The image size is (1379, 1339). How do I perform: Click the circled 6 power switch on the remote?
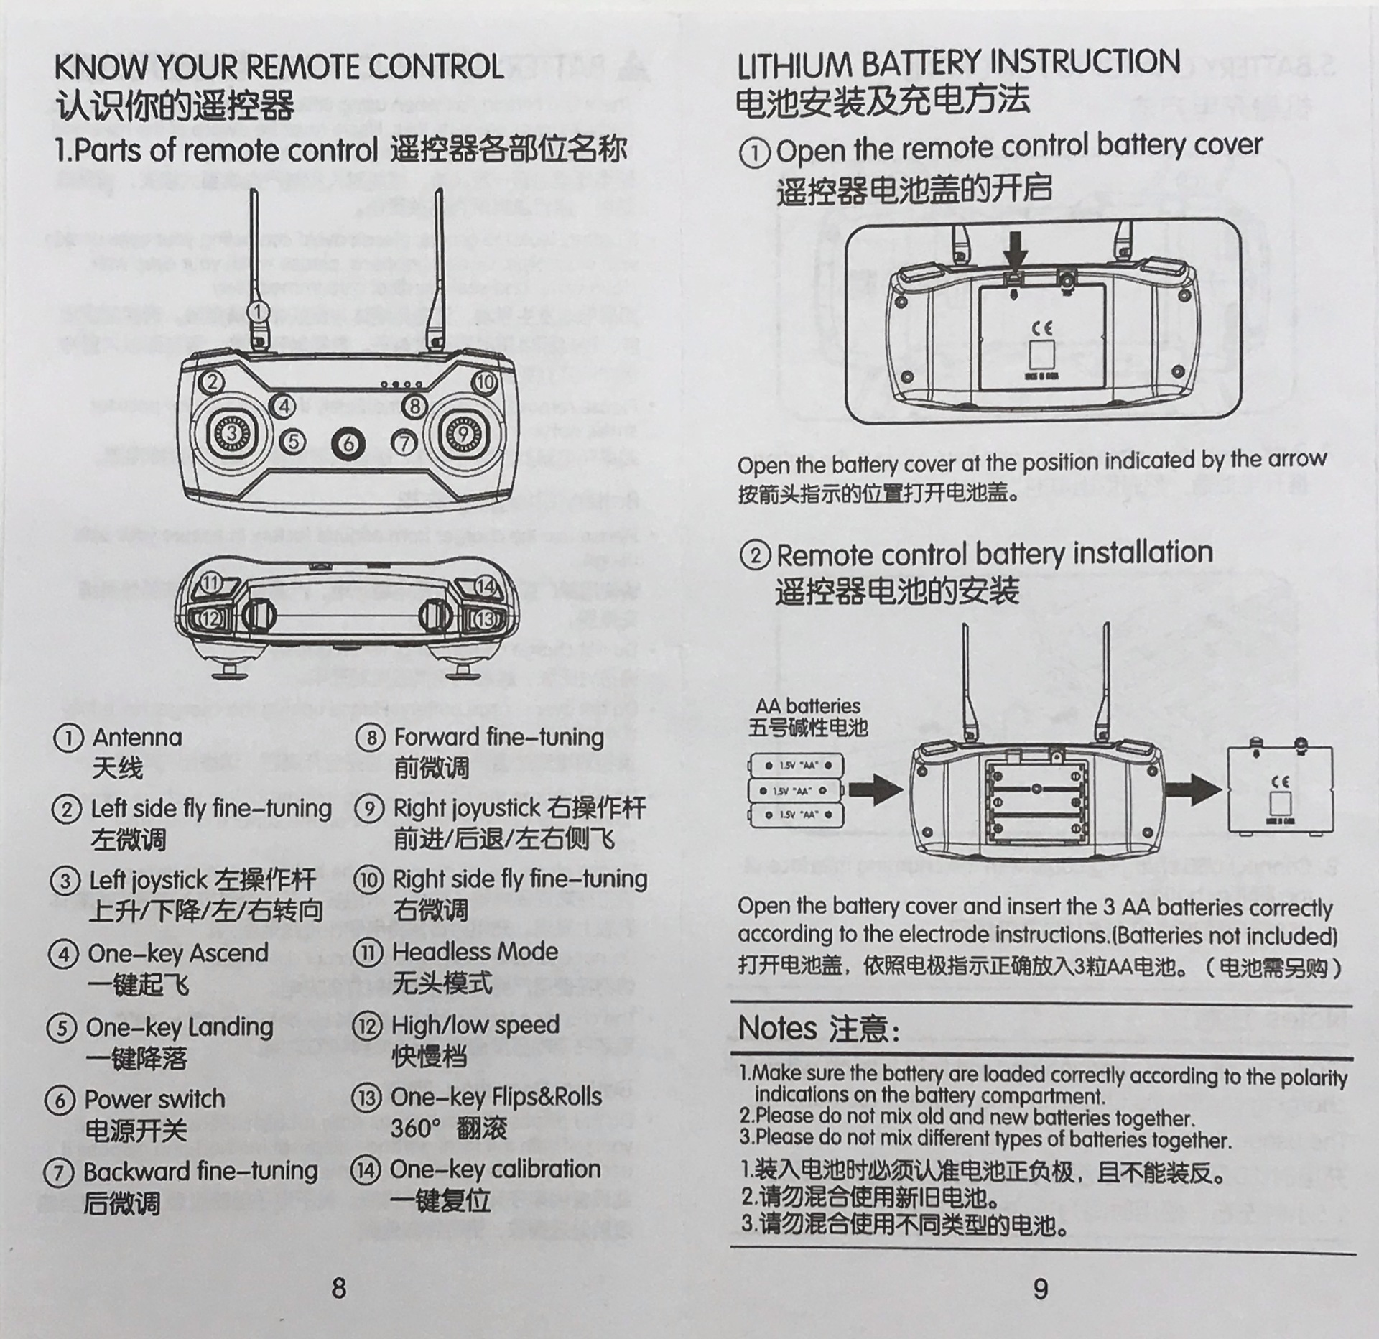coord(348,443)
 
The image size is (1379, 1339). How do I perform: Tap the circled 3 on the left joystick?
coord(232,432)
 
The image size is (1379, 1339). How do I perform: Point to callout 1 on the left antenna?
coord(259,312)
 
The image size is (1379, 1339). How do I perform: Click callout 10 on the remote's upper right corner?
coord(486,381)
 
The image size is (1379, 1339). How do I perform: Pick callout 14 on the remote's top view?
coord(486,586)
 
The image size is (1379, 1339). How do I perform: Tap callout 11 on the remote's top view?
coord(210,583)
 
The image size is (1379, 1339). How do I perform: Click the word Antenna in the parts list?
coord(136,737)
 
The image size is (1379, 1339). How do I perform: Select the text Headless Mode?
coord(475,952)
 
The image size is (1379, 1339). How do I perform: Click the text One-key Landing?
coord(180,1027)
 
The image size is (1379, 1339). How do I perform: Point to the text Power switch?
coord(155,1099)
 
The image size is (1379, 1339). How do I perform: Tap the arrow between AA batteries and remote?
coord(875,790)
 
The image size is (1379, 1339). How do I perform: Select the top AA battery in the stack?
coord(796,766)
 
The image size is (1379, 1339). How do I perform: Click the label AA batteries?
coord(807,705)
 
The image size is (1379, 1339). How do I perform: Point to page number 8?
coord(339,1288)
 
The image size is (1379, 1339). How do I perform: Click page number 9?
coord(1041,1289)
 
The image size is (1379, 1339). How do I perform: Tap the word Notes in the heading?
coord(777,1028)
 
